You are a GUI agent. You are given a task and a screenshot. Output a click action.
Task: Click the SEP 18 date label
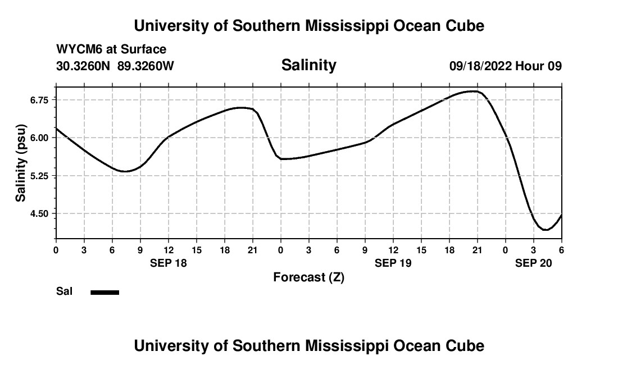click(x=169, y=263)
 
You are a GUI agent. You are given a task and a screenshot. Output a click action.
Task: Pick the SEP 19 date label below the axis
click(x=393, y=263)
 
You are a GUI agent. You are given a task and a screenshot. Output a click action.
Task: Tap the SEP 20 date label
click(x=534, y=263)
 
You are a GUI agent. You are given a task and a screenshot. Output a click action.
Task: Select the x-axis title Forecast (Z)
click(x=308, y=277)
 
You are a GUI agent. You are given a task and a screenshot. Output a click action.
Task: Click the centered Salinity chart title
click(x=308, y=65)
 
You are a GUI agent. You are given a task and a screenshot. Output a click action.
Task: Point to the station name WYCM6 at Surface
click(x=111, y=49)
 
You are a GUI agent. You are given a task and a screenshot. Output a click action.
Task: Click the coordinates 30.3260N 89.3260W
click(x=115, y=66)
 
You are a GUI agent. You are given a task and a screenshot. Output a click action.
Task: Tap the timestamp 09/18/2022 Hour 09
click(x=506, y=66)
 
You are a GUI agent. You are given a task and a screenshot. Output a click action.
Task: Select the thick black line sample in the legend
click(x=104, y=292)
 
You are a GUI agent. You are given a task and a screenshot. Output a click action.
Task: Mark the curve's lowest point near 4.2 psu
click(x=544, y=230)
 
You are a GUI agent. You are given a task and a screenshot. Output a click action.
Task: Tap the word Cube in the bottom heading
click(x=465, y=346)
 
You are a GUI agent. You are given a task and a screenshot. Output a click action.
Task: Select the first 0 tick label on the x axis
click(x=56, y=249)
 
